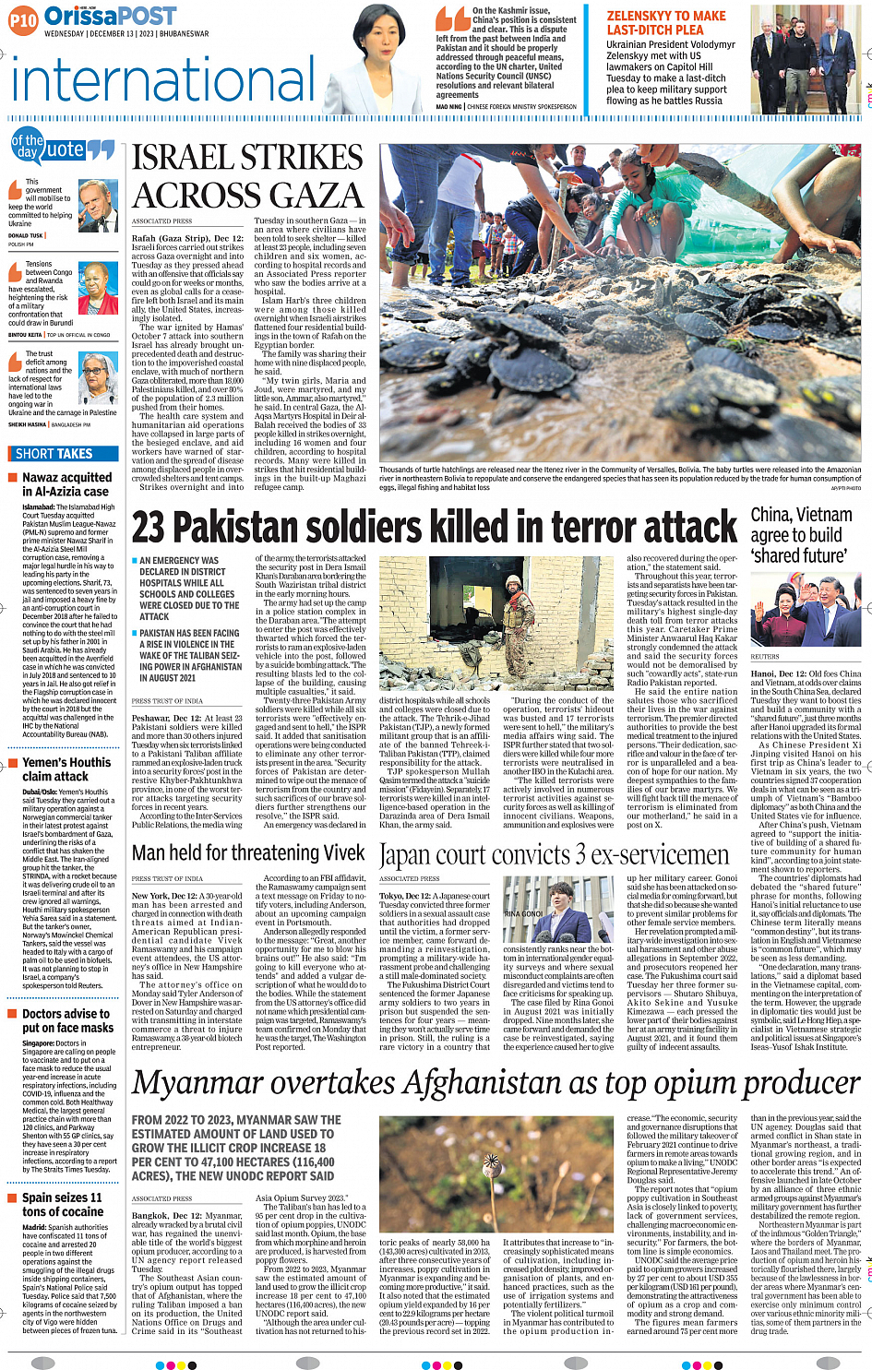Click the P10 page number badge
tap(23, 19)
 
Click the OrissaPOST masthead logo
tap(110, 16)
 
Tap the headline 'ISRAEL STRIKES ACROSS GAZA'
tap(247, 176)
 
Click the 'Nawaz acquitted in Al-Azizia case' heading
tap(66, 484)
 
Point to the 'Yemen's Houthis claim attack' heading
tap(66, 769)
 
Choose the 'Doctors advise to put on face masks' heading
tap(67, 1019)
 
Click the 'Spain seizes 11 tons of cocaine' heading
tap(63, 1204)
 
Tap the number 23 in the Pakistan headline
tap(149, 528)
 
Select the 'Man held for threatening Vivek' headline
tap(248, 852)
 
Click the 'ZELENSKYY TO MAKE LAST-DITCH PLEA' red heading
tap(666, 23)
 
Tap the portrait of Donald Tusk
tap(98, 206)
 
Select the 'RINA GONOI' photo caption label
tap(523, 913)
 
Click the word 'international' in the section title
tap(164, 81)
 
